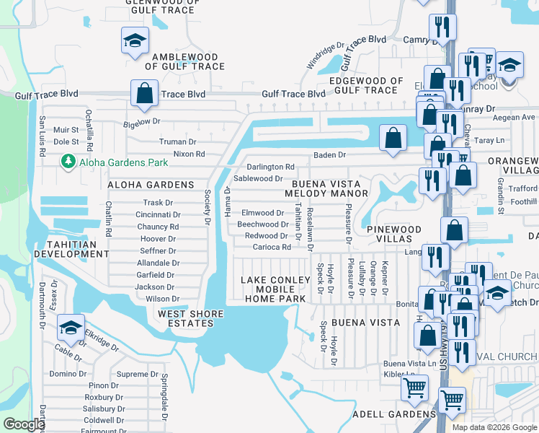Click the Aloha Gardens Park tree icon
[69, 162]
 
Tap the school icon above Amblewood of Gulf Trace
[134, 43]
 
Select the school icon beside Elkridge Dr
[71, 329]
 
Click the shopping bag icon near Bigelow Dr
[144, 94]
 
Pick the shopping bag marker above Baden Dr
[393, 138]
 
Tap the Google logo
[24, 424]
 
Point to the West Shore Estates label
[186, 318]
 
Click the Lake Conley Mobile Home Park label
[270, 289]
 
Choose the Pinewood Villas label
[393, 233]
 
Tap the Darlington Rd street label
[271, 167]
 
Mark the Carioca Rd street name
[271, 247]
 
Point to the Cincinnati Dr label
[158, 214]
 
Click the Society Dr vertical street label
[207, 206]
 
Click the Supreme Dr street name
[137, 374]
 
